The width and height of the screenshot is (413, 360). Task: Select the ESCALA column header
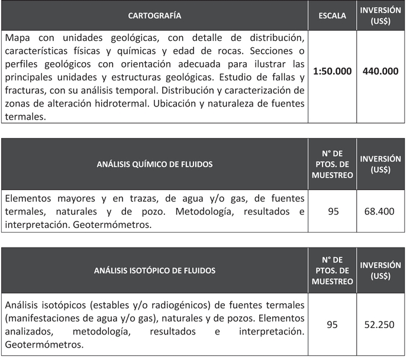[x=332, y=15]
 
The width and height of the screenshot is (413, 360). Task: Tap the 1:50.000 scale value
[x=332, y=71]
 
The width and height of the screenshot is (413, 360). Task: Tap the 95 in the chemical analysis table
[x=333, y=211]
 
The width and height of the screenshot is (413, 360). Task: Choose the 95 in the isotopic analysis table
[x=333, y=324]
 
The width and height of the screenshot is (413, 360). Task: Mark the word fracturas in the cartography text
[x=24, y=91]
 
